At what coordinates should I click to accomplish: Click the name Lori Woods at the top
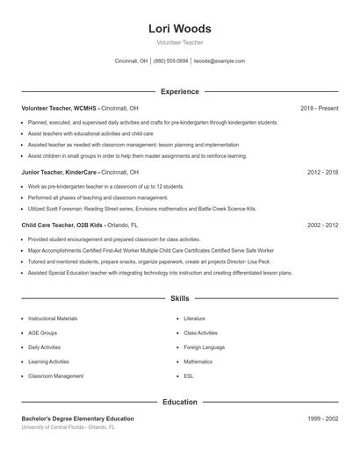[x=179, y=29]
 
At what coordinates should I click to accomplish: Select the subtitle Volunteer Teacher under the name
[x=179, y=43]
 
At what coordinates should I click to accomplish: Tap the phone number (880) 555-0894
[x=170, y=61]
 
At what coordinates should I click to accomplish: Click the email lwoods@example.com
[x=219, y=61]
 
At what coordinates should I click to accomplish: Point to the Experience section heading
[x=179, y=91]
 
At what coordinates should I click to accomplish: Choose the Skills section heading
[x=179, y=299]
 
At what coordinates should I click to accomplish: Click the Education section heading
[x=179, y=402]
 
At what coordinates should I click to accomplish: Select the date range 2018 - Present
[x=319, y=108]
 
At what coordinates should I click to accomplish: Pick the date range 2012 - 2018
[x=322, y=173]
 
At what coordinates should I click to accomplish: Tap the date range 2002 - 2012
[x=322, y=225]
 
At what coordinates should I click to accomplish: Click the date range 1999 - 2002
[x=322, y=419]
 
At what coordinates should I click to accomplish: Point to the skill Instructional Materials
[x=53, y=318]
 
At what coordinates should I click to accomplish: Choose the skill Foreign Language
[x=204, y=347]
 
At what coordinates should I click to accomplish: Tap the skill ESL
[x=189, y=376]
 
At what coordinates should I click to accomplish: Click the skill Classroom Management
[x=56, y=376]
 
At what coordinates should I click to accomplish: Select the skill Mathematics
[x=198, y=361]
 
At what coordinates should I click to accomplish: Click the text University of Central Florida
[x=57, y=427]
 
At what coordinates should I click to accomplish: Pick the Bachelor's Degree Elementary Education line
[x=78, y=419]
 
